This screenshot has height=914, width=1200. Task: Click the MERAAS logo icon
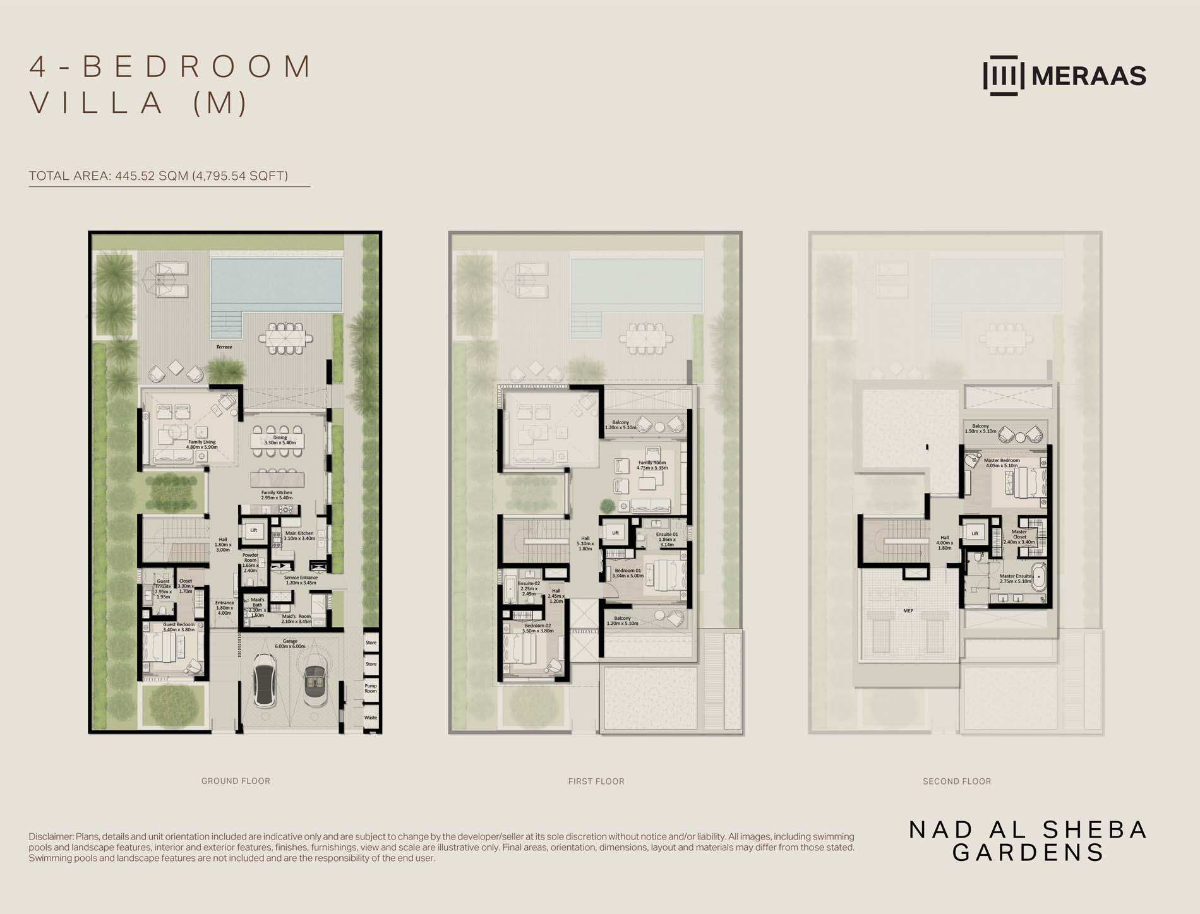click(x=1004, y=76)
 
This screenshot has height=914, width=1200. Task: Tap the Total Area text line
click(x=158, y=176)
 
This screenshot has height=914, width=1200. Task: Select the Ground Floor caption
click(x=236, y=781)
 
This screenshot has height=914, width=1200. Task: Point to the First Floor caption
click(x=596, y=781)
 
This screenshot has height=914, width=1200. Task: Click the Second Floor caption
click(x=957, y=781)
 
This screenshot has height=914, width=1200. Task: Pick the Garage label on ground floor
click(x=290, y=644)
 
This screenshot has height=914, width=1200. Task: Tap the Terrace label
click(x=224, y=347)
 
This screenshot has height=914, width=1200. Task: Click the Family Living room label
click(x=201, y=444)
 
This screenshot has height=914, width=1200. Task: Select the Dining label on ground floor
click(x=280, y=440)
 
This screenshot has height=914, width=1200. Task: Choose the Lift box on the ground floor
click(x=253, y=531)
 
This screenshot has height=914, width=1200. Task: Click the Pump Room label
click(x=371, y=688)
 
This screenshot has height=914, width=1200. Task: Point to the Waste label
click(x=371, y=718)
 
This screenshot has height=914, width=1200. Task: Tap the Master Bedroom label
click(x=1002, y=463)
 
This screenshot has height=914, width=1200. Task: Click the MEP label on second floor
click(x=908, y=611)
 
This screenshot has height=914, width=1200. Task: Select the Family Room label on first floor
click(x=652, y=465)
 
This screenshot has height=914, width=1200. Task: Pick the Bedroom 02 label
click(x=537, y=628)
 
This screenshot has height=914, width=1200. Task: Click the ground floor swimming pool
click(x=276, y=282)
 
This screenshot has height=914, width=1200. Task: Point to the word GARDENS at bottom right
click(x=1028, y=853)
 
